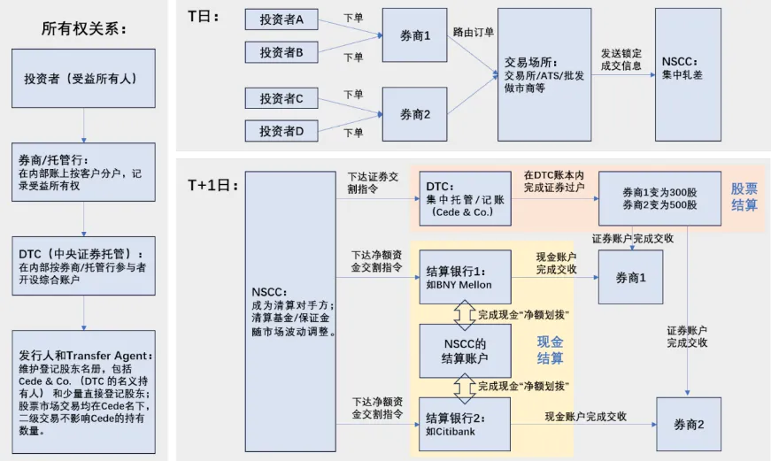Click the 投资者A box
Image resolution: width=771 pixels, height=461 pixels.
[281, 19]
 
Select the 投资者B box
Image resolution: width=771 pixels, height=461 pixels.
[281, 53]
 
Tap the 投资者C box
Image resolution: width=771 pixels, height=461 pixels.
[281, 98]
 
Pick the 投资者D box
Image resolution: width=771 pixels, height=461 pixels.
[281, 131]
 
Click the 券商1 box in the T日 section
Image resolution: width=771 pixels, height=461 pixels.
[414, 36]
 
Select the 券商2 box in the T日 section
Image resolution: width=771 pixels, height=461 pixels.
[414, 114]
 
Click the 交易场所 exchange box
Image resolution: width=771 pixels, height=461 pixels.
[544, 75]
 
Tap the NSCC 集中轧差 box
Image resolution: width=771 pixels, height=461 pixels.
[688, 75]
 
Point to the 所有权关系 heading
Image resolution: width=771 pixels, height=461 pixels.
[84, 27]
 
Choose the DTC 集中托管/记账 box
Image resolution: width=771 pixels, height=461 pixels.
[465, 198]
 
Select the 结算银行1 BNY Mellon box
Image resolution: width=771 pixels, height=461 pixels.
[465, 274]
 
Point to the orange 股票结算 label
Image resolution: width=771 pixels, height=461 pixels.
[744, 197]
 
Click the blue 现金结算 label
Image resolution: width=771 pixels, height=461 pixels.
[550, 350]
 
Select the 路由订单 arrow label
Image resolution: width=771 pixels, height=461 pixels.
[474, 33]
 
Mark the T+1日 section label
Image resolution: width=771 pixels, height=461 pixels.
[208, 185]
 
